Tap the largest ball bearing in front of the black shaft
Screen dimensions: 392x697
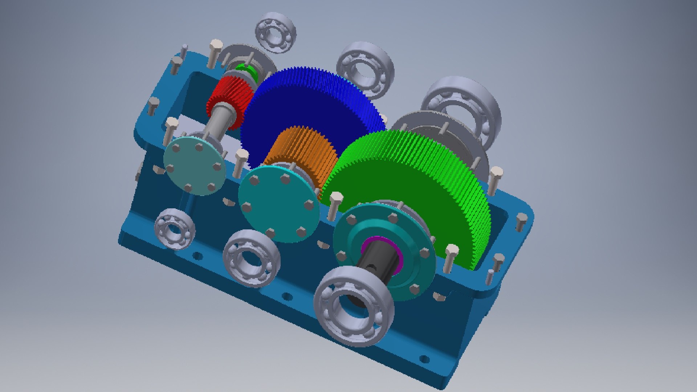(354, 307)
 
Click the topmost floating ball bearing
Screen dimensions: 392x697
(276, 33)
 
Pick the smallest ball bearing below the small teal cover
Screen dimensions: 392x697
(175, 229)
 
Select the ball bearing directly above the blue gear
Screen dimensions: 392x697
(365, 71)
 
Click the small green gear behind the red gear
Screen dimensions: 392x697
(247, 71)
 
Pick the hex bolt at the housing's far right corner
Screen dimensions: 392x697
(521, 222)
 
